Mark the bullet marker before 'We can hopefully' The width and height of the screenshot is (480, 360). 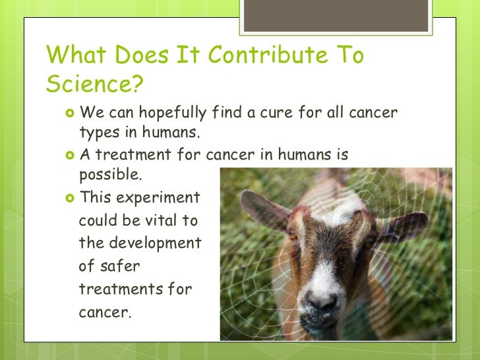[x=71, y=113]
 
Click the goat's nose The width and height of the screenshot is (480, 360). [x=322, y=301]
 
